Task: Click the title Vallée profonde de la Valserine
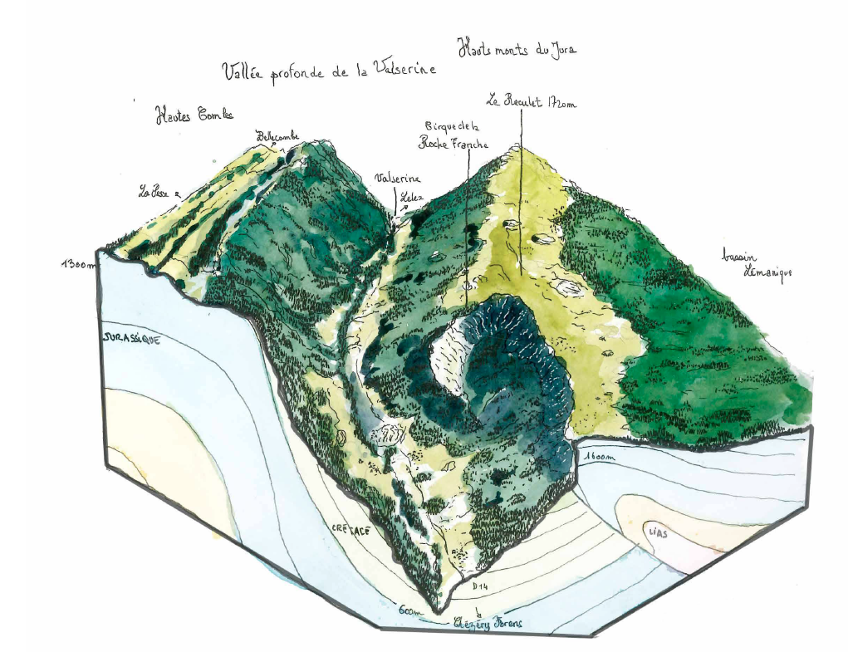coord(329,73)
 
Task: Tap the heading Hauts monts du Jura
coord(517,50)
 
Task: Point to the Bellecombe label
coord(277,135)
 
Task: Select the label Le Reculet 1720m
coord(531,103)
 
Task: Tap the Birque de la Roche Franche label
coord(453,135)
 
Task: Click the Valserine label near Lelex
coord(398,179)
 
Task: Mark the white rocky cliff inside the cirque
coord(449,357)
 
